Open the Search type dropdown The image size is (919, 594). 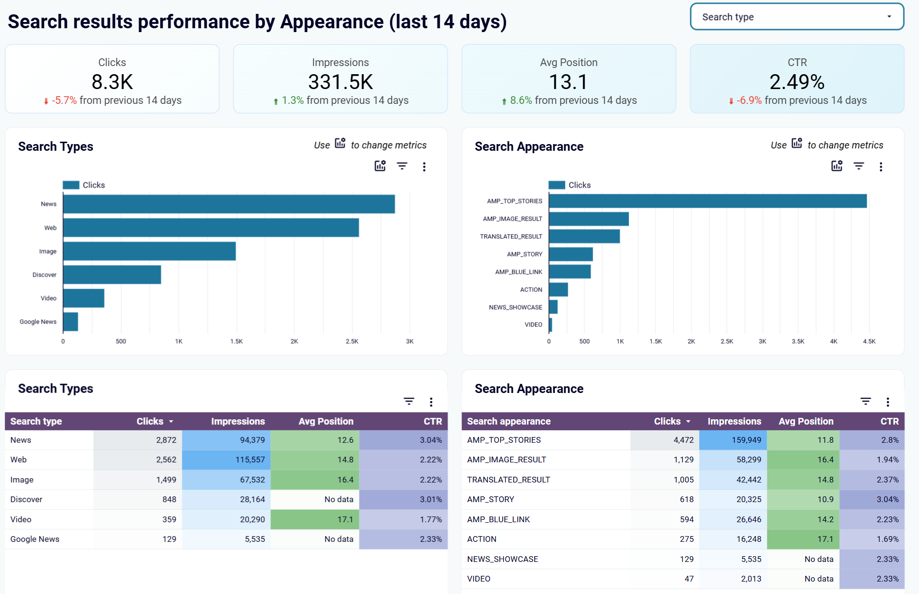click(796, 17)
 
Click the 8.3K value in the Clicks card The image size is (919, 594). click(112, 82)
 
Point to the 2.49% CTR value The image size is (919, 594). click(796, 82)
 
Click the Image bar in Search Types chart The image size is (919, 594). click(149, 251)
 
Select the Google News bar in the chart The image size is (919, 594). click(70, 322)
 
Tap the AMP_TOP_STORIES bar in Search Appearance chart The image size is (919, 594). click(707, 201)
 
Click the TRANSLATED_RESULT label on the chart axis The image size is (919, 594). click(511, 236)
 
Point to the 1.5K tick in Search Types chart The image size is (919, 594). click(236, 341)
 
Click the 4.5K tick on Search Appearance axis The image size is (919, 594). click(869, 341)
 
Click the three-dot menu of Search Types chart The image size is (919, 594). click(424, 167)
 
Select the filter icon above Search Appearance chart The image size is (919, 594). click(859, 166)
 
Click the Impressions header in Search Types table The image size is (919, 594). click(238, 421)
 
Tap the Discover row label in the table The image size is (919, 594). click(26, 499)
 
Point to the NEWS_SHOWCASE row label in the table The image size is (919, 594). click(503, 559)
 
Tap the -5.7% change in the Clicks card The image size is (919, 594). click(64, 101)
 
